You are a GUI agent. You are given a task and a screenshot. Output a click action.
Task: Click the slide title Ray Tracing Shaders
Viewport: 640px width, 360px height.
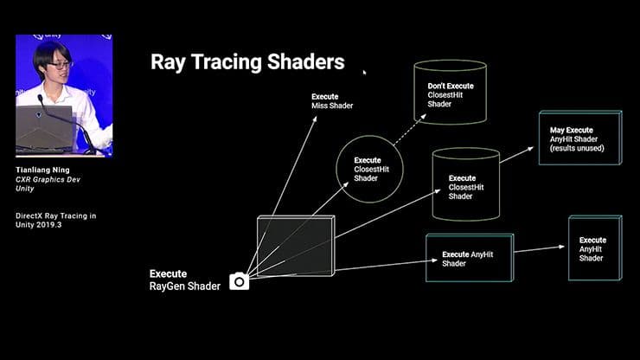[x=247, y=62]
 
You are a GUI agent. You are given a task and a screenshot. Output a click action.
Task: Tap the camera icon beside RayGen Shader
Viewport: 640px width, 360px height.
[x=239, y=281]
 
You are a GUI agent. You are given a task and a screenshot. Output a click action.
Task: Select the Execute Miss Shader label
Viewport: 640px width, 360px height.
[x=331, y=101]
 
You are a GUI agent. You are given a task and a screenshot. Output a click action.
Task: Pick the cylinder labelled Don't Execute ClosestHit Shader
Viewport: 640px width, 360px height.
[x=450, y=94]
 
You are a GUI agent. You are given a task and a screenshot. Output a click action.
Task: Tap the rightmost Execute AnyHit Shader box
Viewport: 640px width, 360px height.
[x=593, y=248]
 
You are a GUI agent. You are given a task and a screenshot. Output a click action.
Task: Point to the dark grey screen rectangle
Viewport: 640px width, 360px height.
[x=295, y=247]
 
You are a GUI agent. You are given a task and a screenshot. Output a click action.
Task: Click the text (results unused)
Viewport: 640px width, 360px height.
[x=577, y=149]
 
